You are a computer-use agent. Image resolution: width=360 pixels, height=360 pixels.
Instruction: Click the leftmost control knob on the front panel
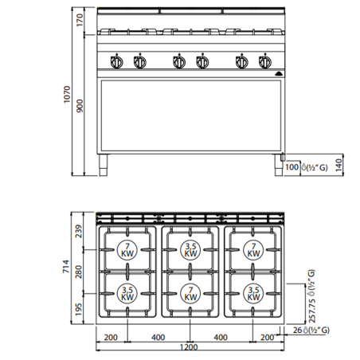[116, 63]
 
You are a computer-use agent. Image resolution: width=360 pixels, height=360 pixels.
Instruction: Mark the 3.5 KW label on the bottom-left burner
[127, 292]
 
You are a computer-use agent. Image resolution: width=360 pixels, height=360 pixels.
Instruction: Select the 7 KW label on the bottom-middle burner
[190, 292]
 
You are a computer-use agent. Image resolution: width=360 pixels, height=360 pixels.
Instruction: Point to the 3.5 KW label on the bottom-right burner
[252, 292]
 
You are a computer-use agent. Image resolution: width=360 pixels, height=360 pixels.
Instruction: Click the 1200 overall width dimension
[190, 348]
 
